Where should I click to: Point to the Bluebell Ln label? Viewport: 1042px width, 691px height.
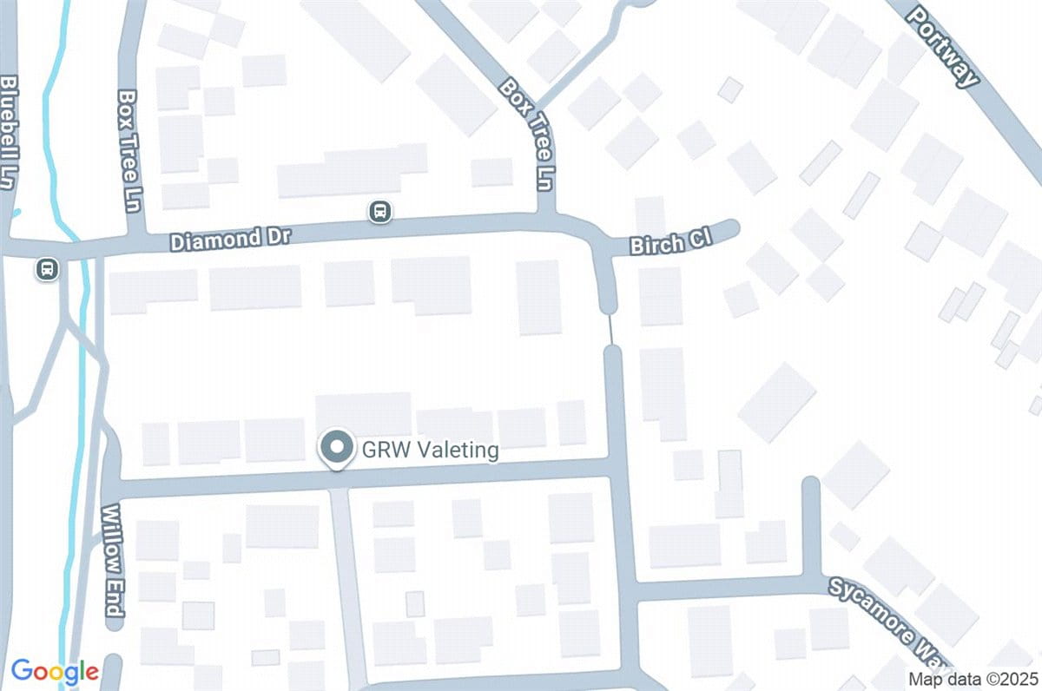point(10,130)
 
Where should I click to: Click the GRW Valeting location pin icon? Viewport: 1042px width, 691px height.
point(335,449)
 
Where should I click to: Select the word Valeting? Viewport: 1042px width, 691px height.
point(458,451)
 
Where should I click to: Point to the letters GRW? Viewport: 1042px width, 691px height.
point(384,451)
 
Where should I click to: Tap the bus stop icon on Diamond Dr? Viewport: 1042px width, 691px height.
point(379,211)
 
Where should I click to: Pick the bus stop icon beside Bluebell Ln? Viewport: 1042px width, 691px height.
point(48,269)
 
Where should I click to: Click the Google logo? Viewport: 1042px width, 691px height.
point(55,671)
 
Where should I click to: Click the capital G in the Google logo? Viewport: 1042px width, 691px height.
point(21,670)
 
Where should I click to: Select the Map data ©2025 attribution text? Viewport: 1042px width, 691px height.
point(972,679)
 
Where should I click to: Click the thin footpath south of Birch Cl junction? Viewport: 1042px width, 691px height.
point(610,329)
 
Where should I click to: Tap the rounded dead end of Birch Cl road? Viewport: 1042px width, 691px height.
point(731,228)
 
